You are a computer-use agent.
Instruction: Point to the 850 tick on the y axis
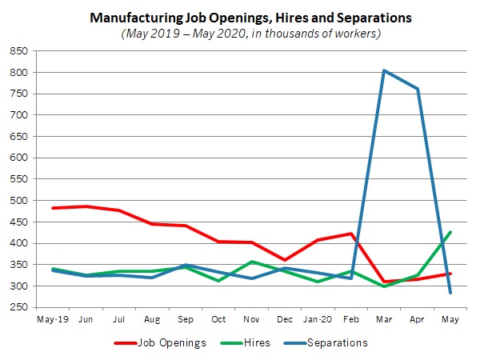18,51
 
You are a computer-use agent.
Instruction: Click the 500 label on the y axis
18,201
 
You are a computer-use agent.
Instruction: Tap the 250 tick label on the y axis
18,307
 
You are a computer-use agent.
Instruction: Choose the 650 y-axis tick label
18,137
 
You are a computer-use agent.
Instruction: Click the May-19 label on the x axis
53,320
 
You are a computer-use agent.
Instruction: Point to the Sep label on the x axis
186,320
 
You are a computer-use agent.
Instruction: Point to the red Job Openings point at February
351,234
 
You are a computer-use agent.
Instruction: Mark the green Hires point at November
252,262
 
